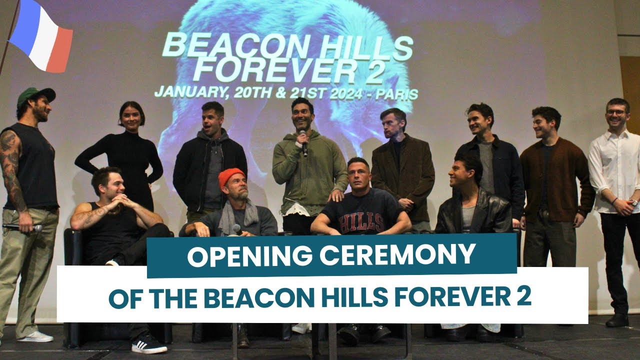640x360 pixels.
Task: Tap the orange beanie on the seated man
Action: pos(231,176)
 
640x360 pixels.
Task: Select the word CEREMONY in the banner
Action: pos(398,255)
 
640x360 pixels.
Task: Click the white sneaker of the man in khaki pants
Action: pos(35,336)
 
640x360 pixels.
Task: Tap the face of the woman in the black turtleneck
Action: pos(131,117)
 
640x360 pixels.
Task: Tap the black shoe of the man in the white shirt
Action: pos(617,320)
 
